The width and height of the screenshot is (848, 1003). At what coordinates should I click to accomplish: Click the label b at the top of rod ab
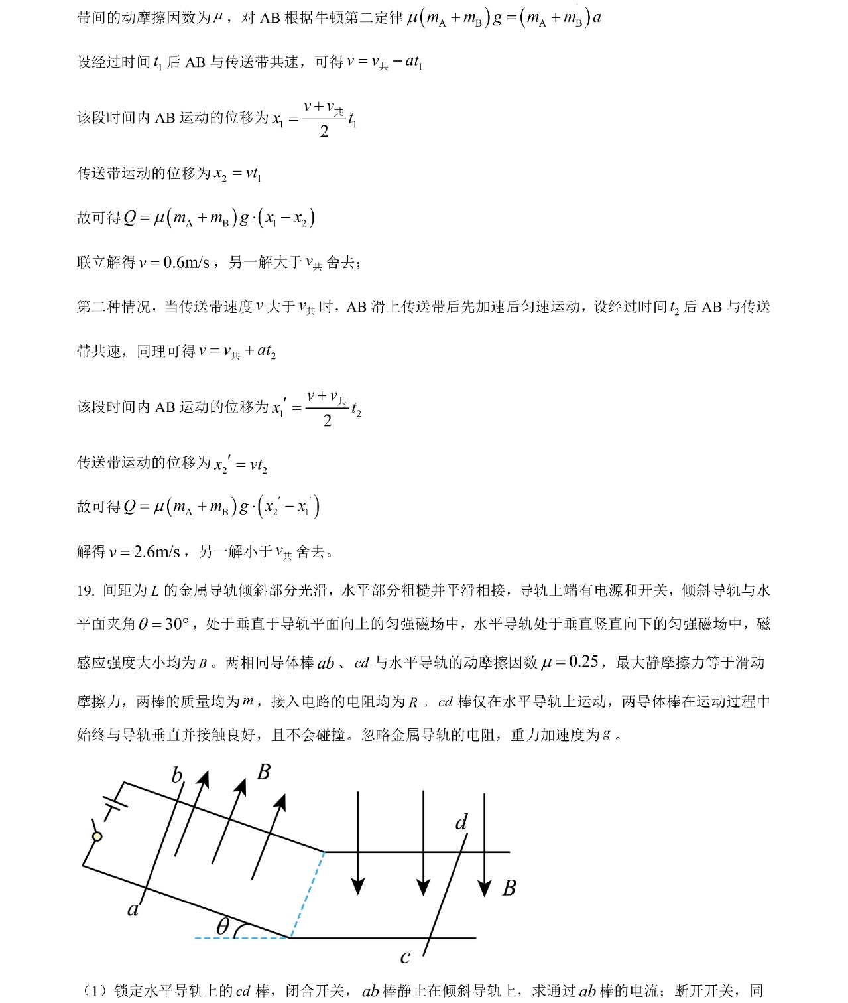point(176,775)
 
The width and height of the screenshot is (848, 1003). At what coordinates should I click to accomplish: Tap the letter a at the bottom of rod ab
point(133,909)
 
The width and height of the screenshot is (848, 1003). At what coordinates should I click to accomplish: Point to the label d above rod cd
point(461,823)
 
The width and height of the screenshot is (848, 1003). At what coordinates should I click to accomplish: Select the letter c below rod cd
point(405,957)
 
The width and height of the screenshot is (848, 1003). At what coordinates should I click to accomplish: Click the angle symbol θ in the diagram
point(223,926)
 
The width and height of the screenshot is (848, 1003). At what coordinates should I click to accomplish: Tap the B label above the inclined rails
point(263,772)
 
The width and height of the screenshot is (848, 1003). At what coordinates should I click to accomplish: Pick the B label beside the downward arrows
point(509,888)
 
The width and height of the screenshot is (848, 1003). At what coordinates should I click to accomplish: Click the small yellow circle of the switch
point(97,836)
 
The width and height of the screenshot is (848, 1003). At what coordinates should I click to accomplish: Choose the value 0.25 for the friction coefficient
point(583,662)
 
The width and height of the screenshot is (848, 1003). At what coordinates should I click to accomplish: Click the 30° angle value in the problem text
point(177,624)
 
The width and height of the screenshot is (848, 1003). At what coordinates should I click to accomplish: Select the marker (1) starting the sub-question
point(95,991)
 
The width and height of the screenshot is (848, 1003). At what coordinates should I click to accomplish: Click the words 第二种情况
point(113,307)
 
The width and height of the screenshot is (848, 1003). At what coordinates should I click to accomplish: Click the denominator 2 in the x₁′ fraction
point(327,421)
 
